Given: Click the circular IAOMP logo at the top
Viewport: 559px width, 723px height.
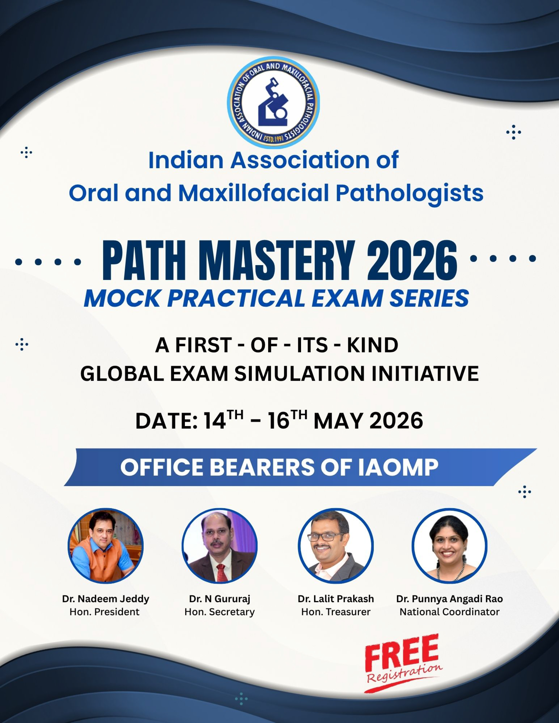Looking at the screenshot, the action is [273, 102].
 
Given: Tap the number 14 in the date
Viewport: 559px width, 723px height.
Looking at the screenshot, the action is [215, 421].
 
